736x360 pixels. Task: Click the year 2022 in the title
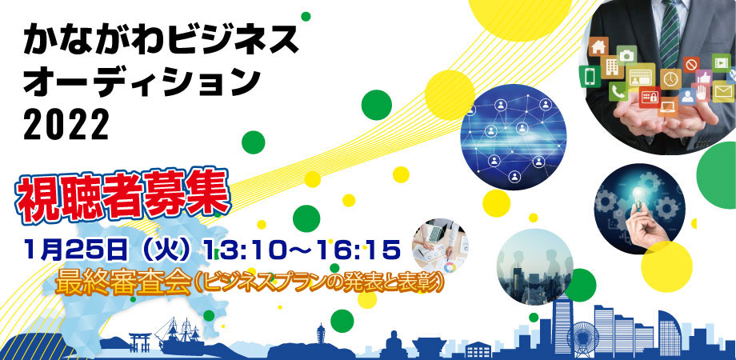(66, 125)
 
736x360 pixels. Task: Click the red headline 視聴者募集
(123, 196)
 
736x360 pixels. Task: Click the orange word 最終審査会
(123, 282)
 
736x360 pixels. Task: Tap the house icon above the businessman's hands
(598, 46)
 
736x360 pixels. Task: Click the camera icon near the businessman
(626, 55)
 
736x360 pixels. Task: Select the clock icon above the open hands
(671, 78)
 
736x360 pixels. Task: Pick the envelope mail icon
(723, 91)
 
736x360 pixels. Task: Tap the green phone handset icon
(618, 91)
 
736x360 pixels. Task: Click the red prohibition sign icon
(691, 64)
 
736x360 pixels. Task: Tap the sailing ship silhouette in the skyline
(181, 336)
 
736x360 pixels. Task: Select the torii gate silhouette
(140, 342)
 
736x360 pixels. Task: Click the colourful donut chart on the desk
(450, 269)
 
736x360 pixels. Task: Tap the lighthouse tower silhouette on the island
(321, 334)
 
